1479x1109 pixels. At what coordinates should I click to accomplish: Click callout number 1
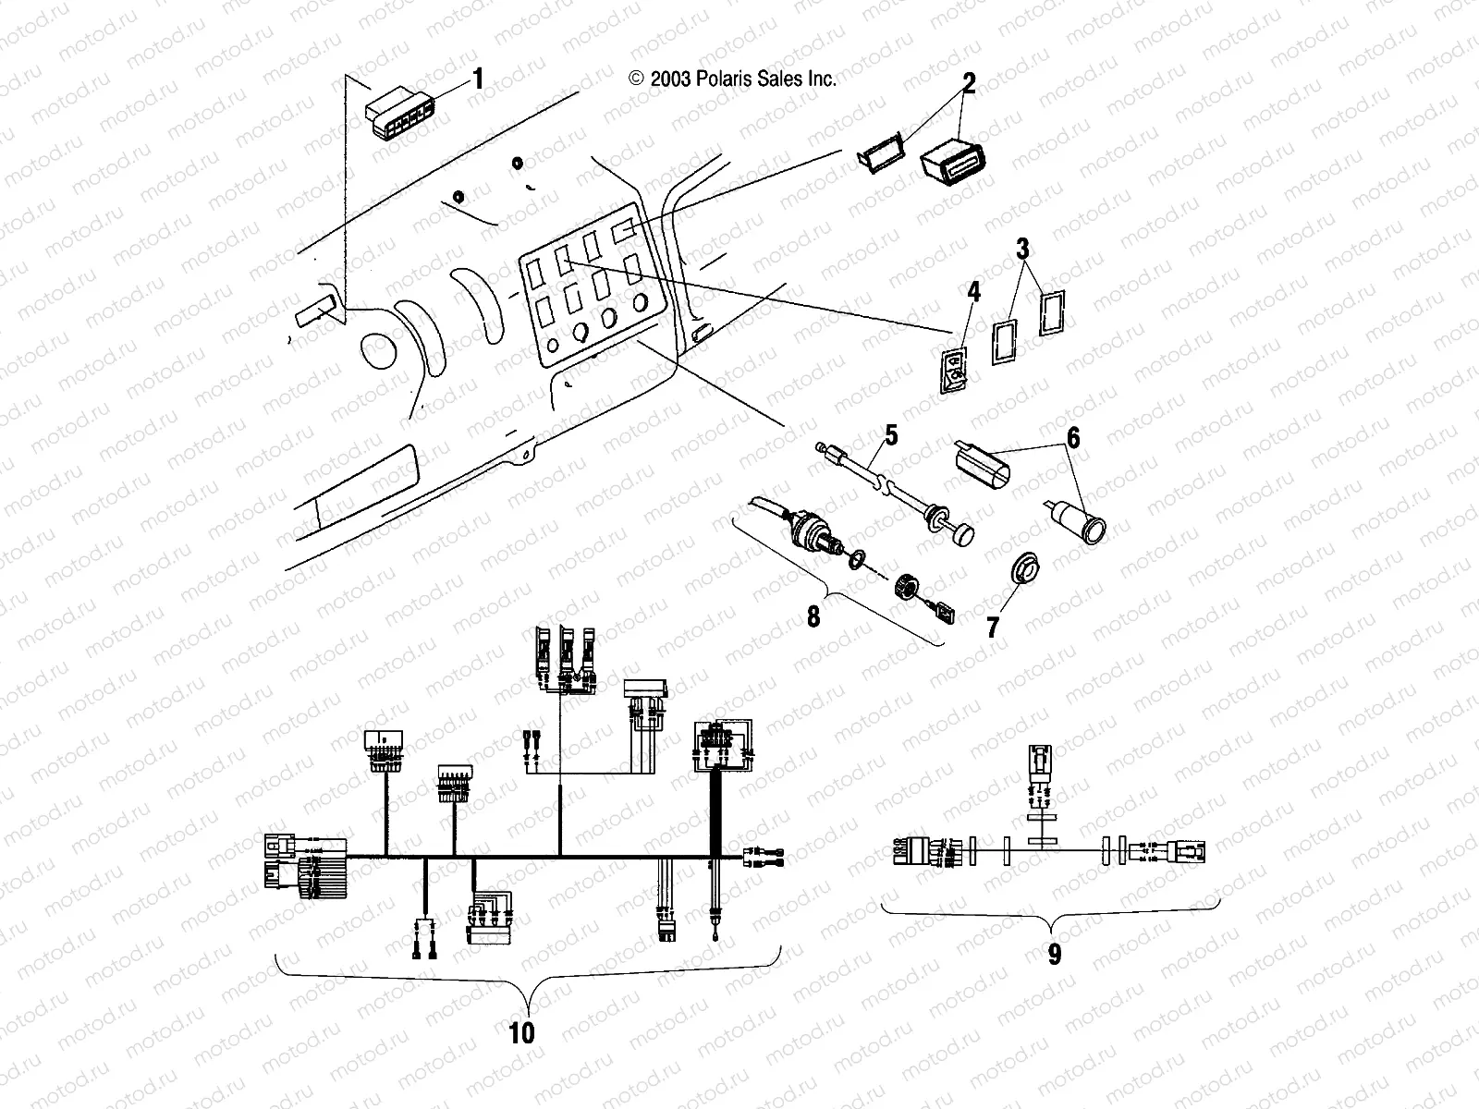coord(478,79)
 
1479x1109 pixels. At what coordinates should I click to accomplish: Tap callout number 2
coord(968,83)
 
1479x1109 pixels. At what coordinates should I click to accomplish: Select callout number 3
coord(1022,250)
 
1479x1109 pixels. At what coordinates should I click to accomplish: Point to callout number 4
coord(973,295)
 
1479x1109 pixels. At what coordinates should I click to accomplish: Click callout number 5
coord(891,433)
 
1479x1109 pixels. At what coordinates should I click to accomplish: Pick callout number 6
coord(1073,438)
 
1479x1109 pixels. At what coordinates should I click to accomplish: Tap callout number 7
coord(993,628)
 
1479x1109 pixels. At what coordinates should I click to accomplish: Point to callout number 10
coord(522,1031)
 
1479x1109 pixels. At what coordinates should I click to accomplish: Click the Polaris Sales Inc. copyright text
coord(732,79)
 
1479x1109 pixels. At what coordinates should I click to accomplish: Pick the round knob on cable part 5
coord(964,535)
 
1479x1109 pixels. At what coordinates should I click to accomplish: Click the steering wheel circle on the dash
coord(378,351)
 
